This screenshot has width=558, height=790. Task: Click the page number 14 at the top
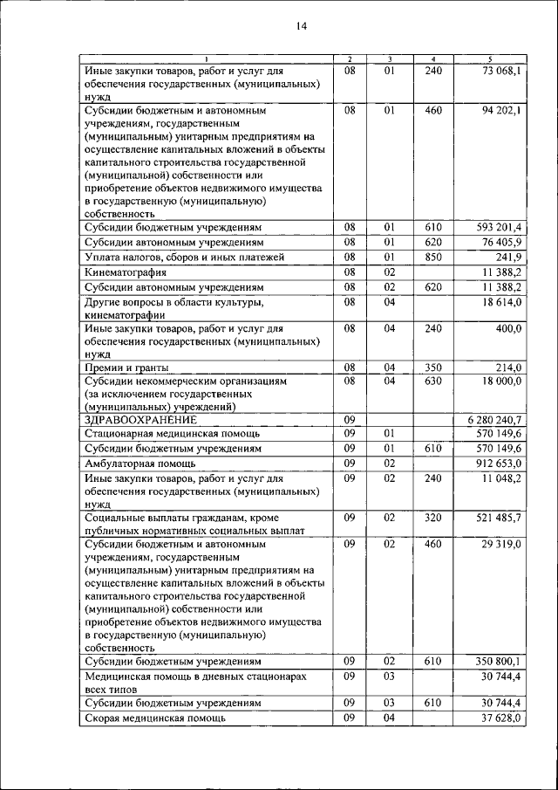(301, 27)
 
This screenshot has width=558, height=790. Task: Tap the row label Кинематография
(125, 272)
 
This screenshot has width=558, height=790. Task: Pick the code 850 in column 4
(433, 257)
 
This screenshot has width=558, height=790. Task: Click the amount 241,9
(507, 257)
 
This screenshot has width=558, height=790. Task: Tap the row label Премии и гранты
(127, 368)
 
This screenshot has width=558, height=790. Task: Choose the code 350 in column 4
(433, 368)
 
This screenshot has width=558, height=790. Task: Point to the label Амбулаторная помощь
(139, 463)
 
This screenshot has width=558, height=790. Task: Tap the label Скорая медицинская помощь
(155, 718)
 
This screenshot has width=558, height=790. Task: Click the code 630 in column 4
(433, 381)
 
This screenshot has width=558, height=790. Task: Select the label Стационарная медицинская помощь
(165, 433)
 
